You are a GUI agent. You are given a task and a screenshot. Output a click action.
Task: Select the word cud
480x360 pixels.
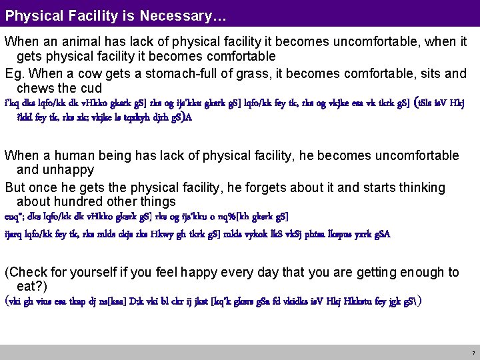(91, 89)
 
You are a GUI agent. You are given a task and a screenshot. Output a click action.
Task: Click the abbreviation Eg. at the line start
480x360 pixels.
(15, 73)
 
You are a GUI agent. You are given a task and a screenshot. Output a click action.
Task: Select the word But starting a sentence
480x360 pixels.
(16, 187)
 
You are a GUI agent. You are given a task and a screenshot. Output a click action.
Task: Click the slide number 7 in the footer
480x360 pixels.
(473, 353)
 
